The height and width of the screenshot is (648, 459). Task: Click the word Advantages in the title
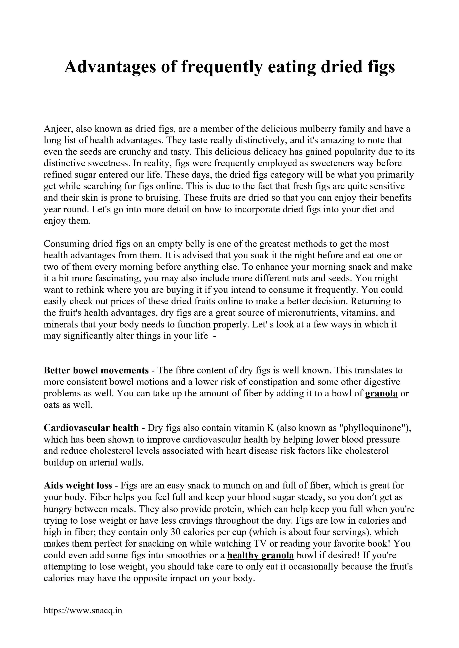click(110, 67)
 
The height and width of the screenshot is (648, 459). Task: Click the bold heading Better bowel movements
click(96, 370)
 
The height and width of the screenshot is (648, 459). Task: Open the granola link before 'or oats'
click(381, 393)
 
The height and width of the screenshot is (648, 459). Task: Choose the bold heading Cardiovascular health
click(91, 428)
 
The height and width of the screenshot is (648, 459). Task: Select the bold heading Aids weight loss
click(78, 485)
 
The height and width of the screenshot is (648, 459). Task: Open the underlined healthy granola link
click(260, 555)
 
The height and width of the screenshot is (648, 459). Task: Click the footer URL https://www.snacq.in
click(83, 611)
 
